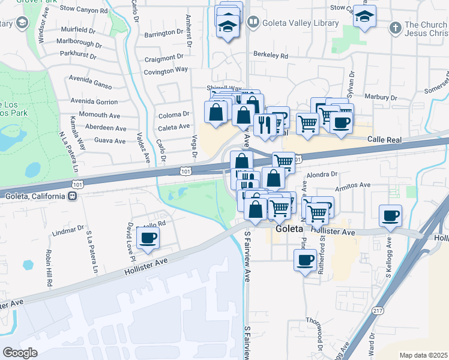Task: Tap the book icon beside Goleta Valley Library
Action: coord(254,23)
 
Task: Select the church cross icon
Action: coord(395,27)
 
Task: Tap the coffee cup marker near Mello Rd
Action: coord(148,238)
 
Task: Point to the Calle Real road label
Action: coord(384,139)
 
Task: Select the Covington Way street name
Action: coord(166,71)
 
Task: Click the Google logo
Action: coord(20,353)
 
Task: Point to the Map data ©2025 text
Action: coord(423,355)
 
